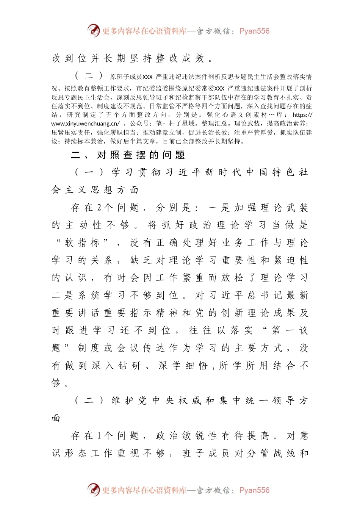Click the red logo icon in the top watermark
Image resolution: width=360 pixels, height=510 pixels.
(94, 30)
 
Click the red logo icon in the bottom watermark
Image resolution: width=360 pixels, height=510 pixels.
(94, 490)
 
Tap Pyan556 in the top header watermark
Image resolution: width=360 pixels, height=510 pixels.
(254, 31)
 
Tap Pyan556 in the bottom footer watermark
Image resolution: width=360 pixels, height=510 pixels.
(254, 490)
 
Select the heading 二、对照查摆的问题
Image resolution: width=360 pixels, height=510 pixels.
(128, 155)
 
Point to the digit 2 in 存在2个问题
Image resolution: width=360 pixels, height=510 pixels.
(99, 208)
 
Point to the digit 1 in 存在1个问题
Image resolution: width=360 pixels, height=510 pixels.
(99, 436)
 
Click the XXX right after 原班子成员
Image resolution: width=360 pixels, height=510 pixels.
(147, 77)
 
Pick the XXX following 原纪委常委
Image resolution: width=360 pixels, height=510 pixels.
(219, 88)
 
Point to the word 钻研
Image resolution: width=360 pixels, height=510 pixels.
(129, 366)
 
